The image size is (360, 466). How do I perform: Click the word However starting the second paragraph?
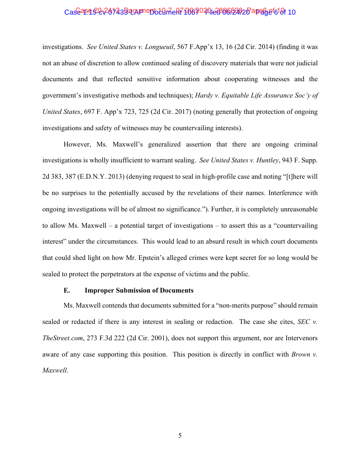[77, 144]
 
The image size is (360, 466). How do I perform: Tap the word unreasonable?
[296, 209]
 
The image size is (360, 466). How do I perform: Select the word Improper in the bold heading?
[99, 290]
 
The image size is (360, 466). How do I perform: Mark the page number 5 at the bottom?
[180, 436]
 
